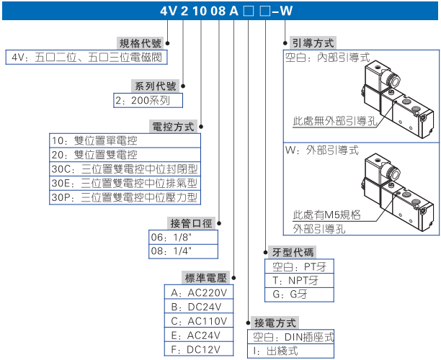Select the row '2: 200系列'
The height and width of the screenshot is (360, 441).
(x=147, y=101)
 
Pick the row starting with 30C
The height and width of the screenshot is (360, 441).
(x=123, y=168)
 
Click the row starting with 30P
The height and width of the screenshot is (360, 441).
(x=123, y=197)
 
